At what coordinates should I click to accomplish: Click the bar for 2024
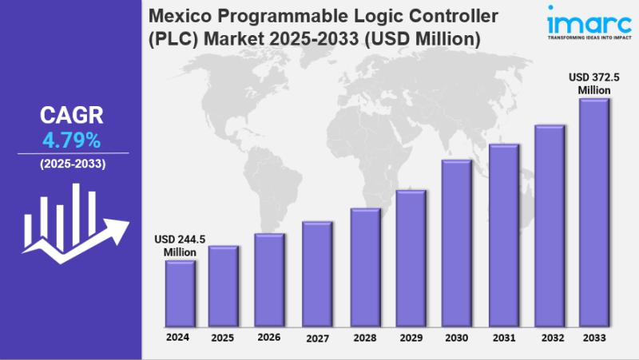(x=180, y=294)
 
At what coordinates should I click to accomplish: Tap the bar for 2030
(x=456, y=243)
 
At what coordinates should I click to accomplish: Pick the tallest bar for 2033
(x=594, y=212)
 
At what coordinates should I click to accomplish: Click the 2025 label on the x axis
(x=223, y=338)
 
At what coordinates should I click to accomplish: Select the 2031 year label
(x=503, y=337)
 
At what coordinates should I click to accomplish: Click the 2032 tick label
(x=550, y=337)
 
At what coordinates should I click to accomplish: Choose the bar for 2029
(x=411, y=259)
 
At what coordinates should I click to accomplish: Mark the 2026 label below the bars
(x=269, y=337)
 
